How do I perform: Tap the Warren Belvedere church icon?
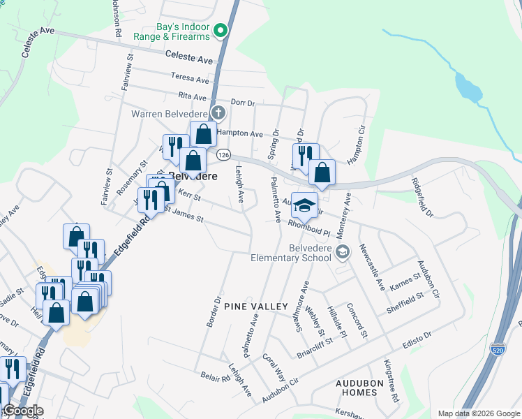point(218,112)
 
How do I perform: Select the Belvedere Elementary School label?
point(292,252)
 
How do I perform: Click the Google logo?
point(23,411)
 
